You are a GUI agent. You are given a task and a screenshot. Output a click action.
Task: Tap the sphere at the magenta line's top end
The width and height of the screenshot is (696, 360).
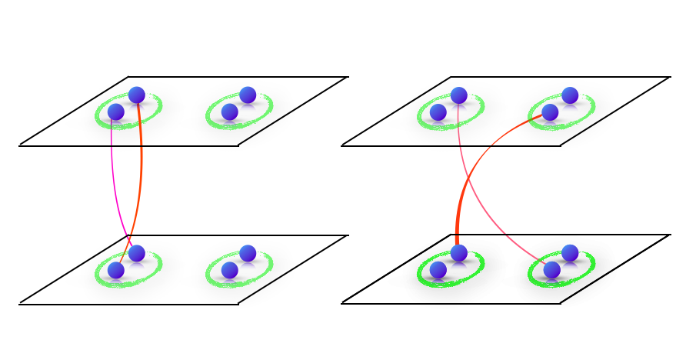[x=116, y=112]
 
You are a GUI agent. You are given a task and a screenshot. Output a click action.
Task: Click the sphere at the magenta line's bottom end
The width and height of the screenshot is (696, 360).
[x=137, y=253]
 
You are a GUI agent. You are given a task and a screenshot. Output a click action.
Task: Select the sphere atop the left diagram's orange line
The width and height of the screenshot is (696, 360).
[x=137, y=95]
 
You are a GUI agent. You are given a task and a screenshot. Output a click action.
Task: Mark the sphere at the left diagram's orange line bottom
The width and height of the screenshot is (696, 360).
[x=116, y=270]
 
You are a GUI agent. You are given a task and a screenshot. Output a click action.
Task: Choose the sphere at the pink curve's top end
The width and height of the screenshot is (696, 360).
[x=459, y=95]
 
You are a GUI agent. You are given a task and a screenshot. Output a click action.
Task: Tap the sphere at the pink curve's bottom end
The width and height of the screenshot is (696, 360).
[x=552, y=270]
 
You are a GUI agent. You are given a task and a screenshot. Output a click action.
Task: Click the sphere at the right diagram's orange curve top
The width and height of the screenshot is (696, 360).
[x=550, y=112]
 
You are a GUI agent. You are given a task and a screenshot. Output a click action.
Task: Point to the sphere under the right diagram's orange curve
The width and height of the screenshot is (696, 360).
[x=459, y=253]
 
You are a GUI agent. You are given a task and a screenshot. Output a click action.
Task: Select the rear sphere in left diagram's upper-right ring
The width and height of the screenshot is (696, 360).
[x=248, y=95]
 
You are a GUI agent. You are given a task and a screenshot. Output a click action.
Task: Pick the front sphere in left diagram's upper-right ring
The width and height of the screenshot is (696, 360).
[x=229, y=112]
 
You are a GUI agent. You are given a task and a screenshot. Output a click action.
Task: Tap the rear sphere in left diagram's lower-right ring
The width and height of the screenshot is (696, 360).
[x=248, y=253]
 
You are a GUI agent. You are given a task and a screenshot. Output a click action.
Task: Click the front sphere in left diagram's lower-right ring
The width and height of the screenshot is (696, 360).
[x=229, y=270]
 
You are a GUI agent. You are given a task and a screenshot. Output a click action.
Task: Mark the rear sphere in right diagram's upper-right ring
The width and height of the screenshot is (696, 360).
[x=570, y=95]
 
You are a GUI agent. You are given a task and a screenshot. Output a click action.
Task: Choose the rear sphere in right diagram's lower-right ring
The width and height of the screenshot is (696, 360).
[x=570, y=253]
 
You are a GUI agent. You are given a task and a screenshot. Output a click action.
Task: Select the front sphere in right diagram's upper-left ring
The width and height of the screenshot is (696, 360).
[x=438, y=112]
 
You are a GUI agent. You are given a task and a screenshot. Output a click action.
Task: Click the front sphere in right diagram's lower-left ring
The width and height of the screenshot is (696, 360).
[x=438, y=270]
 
